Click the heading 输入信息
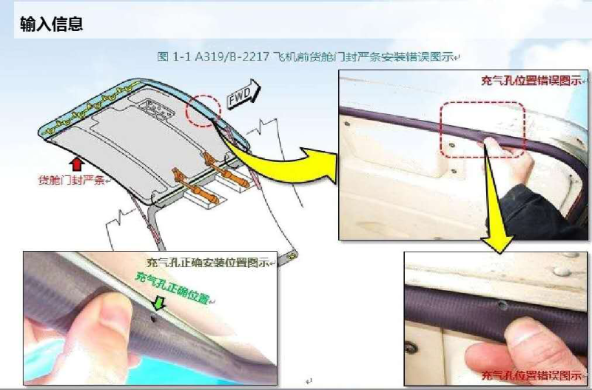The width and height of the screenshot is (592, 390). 51,24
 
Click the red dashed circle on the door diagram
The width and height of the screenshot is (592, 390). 203,110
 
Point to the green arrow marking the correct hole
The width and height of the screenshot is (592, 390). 157,304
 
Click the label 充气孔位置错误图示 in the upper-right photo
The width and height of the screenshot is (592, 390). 528,81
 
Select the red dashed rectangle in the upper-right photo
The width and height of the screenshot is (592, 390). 482,129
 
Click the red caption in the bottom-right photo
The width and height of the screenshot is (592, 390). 528,374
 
